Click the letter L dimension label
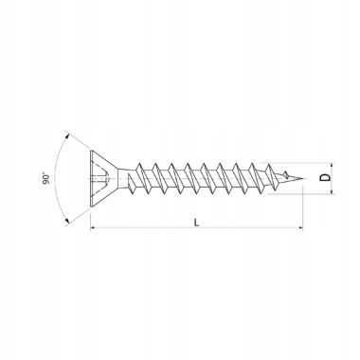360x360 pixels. [x=197, y=223]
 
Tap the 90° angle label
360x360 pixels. [x=46, y=178]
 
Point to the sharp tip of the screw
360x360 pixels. [x=305, y=179]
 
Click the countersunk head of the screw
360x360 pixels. [x=102, y=178]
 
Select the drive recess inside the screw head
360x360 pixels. [x=100, y=178]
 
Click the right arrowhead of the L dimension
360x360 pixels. [x=300, y=227]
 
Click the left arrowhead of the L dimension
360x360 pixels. [x=93, y=227]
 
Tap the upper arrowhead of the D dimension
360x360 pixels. [x=332, y=166]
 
